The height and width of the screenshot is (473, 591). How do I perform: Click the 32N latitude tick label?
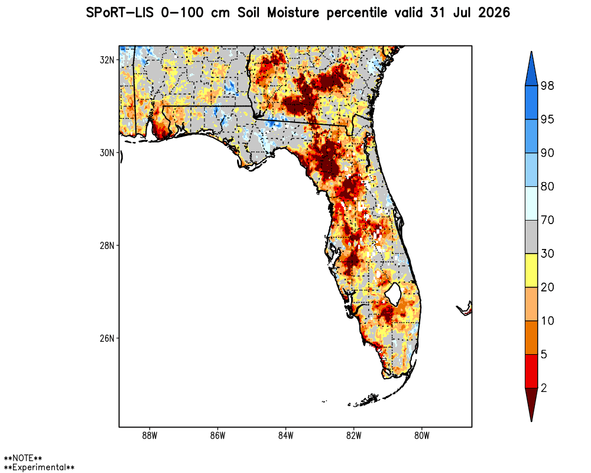click(106, 60)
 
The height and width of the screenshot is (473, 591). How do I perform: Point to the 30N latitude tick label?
click(106, 153)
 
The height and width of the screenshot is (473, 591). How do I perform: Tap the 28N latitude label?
click(106, 245)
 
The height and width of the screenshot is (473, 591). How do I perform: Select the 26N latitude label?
click(106, 338)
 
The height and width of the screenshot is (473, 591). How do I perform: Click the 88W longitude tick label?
click(150, 436)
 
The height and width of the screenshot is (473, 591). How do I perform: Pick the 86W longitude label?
click(217, 436)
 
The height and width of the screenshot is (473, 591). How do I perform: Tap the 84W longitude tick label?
click(285, 436)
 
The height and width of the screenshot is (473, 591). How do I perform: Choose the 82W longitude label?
click(353, 436)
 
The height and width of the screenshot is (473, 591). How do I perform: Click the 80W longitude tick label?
click(422, 436)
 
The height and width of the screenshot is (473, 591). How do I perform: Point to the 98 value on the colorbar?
click(547, 86)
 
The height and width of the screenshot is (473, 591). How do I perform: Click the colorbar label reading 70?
click(547, 220)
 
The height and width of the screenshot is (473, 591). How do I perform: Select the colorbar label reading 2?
click(544, 388)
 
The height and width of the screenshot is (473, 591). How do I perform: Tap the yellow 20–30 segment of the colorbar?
click(531, 270)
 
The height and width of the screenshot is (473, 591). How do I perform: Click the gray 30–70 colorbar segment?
click(531, 237)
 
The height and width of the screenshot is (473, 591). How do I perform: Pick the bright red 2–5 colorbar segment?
click(531, 371)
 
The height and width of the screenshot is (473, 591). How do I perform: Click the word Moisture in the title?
click(293, 13)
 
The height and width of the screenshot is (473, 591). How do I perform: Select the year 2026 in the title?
click(494, 13)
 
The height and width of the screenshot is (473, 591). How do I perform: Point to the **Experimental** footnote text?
click(39, 467)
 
